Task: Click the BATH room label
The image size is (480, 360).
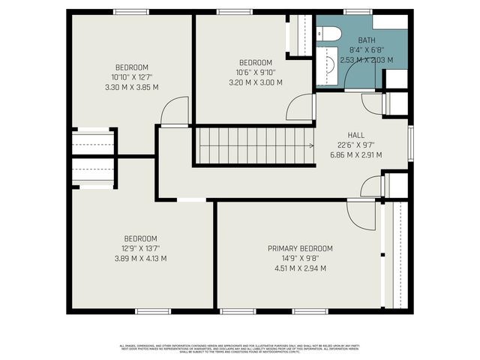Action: [367, 40]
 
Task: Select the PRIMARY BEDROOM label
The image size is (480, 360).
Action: [300, 248]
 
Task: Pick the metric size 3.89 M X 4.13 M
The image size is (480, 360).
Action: [136, 259]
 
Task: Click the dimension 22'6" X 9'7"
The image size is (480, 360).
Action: [355, 146]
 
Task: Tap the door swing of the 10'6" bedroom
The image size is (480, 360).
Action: [301, 107]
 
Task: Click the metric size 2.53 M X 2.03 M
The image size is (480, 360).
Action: [367, 58]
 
